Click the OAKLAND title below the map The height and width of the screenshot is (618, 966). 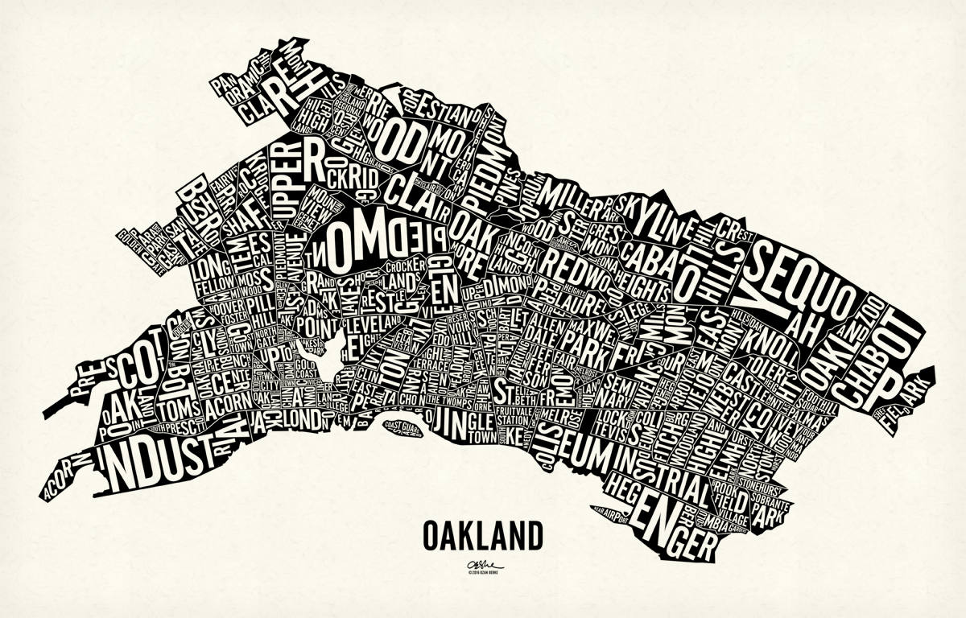(482, 534)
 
